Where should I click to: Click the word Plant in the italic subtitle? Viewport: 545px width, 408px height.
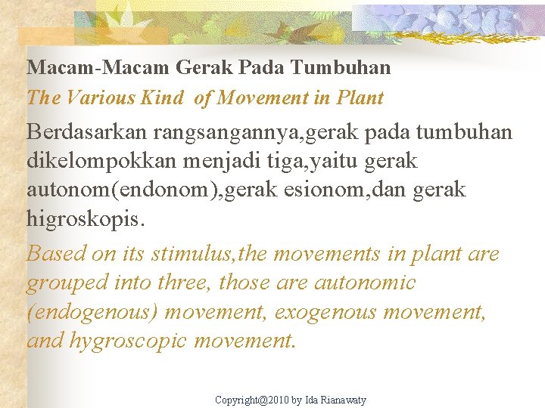(360, 98)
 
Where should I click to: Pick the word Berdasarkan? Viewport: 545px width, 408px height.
(86, 132)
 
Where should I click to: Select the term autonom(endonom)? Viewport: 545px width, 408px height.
(122, 190)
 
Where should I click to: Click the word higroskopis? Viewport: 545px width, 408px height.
(83, 219)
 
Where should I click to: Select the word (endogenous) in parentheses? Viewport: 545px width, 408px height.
(92, 312)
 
